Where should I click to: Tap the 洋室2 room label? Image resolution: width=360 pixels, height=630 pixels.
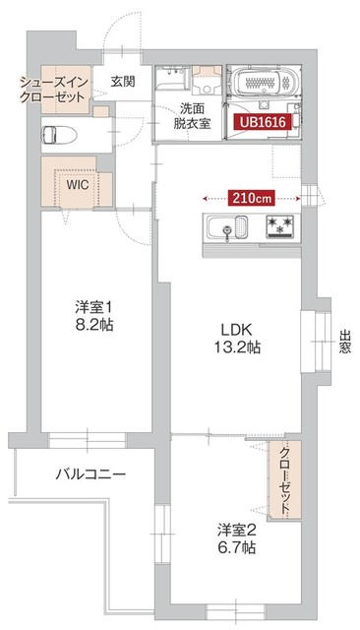[x=238, y=530]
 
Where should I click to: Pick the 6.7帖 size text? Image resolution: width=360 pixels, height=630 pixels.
[x=238, y=548]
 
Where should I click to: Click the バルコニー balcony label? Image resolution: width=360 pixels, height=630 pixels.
[x=90, y=473]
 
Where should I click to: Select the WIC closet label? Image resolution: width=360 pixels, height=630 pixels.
[x=78, y=183]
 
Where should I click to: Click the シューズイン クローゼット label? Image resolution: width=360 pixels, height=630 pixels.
[x=55, y=89]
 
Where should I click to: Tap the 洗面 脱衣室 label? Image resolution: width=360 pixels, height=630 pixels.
[x=191, y=116]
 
